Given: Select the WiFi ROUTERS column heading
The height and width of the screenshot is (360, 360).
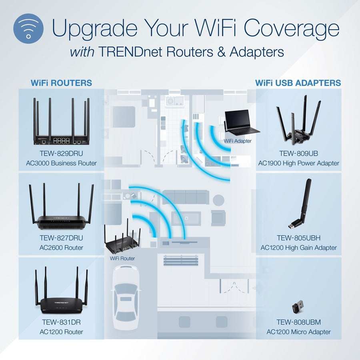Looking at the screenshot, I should [x=61, y=83].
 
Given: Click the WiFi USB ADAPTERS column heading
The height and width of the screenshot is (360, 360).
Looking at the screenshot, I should [x=298, y=83].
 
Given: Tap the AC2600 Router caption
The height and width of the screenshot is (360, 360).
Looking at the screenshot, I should [x=62, y=248].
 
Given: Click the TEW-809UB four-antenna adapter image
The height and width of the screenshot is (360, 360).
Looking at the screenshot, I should [x=299, y=120].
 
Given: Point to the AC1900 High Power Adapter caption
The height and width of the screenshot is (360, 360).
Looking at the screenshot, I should [x=299, y=163].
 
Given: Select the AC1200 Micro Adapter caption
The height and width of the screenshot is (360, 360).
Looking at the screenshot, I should [x=299, y=332].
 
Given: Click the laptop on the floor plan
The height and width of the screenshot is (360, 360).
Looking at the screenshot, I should [x=240, y=122].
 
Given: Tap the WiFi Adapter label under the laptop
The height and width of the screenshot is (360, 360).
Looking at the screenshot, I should [x=237, y=141].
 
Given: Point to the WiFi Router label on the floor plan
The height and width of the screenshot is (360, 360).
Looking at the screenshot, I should [x=122, y=258].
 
